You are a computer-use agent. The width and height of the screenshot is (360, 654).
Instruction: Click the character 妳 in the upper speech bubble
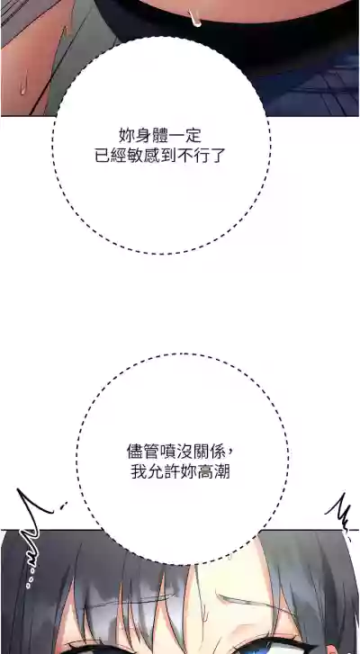pos(126,136)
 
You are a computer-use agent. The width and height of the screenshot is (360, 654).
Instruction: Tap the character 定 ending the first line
pos(193,136)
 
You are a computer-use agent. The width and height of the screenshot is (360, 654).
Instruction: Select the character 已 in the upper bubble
pos(103,157)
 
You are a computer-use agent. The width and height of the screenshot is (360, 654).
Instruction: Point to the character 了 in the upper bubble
pos(217,157)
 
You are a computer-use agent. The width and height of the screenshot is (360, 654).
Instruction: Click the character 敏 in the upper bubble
pos(135,157)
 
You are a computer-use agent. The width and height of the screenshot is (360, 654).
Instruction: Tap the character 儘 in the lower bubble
pos(134,452)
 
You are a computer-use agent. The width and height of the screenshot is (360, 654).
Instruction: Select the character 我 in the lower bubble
pos(139,472)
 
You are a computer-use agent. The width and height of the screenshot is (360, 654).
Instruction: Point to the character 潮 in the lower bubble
pos(222,472)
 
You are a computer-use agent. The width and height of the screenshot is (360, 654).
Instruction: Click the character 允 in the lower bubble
pos(155,472)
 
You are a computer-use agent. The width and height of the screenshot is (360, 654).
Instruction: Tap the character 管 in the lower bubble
pos(151,452)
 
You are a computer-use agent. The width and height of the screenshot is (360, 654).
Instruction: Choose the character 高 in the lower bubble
pos(205,472)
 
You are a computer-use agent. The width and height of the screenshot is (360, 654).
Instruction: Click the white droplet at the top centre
pos(194,18)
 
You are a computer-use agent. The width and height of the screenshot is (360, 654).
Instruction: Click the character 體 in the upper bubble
pos(159,136)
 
